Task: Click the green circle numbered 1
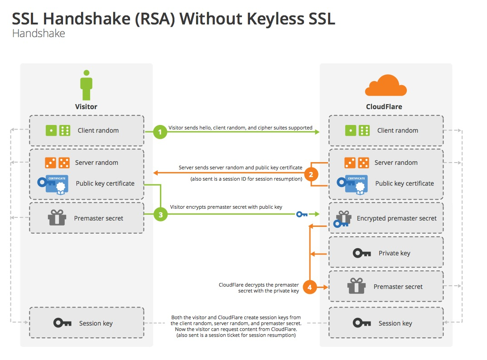pos(160,132)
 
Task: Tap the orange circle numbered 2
pos(310,174)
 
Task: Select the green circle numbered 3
pos(160,215)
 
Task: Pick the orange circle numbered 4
pos(310,287)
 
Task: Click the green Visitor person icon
pos(86,85)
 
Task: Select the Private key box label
pos(394,253)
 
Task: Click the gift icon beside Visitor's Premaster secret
pos(57,218)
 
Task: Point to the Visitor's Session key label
pos(96,323)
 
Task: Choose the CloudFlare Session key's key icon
pos(362,323)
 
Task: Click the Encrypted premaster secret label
pos(396,218)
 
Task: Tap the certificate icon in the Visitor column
pos(53,184)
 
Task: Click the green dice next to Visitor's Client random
pos(58,130)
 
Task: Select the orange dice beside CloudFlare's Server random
pos(356,163)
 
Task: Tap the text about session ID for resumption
pos(246,179)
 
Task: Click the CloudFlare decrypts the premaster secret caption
pos(259,288)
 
